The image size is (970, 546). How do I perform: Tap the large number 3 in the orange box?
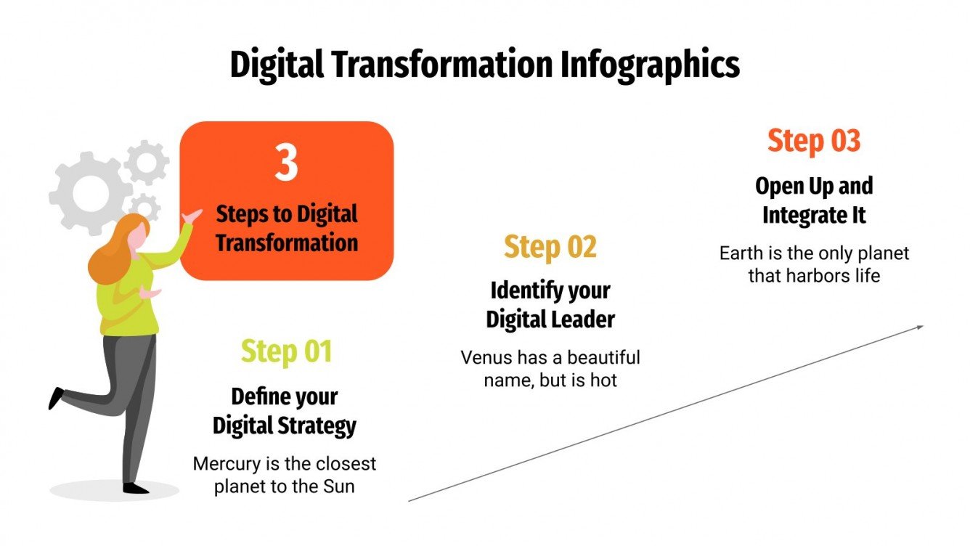(x=286, y=163)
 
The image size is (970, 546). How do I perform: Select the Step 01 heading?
(x=286, y=351)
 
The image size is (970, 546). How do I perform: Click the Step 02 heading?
(x=550, y=248)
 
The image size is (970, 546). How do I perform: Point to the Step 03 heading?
(x=813, y=141)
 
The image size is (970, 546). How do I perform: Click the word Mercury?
(x=224, y=463)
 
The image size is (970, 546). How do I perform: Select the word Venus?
(x=486, y=358)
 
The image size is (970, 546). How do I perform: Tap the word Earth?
(x=741, y=253)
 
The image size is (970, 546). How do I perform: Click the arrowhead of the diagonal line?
(x=918, y=327)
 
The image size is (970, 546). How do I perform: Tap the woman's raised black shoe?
(x=56, y=397)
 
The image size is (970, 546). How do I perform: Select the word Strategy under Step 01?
(x=321, y=425)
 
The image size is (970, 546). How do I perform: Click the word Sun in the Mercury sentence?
(x=338, y=486)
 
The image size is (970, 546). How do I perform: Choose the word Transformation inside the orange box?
(x=286, y=243)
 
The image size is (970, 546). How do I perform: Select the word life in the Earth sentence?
(x=866, y=276)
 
